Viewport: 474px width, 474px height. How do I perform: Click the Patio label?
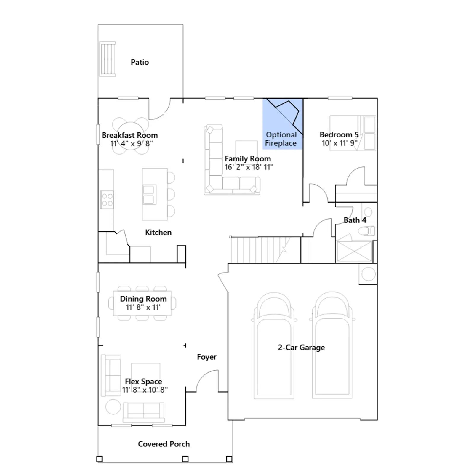[x=140, y=62]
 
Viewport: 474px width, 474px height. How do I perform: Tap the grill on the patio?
[x=107, y=59]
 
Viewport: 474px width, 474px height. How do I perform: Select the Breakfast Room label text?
[x=130, y=135]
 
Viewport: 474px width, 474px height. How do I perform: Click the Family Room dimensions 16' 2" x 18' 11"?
[x=249, y=167]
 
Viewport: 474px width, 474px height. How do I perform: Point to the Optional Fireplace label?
[x=281, y=139]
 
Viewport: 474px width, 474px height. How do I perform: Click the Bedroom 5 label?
[x=339, y=135]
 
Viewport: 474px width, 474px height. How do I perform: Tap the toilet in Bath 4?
[x=366, y=231]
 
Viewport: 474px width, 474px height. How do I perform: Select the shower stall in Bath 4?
[x=354, y=251]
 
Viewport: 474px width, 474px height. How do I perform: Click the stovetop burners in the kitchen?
[x=107, y=200]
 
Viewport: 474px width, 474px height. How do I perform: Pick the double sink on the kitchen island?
[x=149, y=195]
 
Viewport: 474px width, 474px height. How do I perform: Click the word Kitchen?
[x=158, y=233]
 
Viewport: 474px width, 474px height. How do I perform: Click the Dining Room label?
[x=143, y=299]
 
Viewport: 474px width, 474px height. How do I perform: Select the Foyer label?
[x=207, y=357]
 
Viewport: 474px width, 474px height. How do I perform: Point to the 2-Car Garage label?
[x=301, y=348]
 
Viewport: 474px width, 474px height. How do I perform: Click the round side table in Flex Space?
[x=113, y=406]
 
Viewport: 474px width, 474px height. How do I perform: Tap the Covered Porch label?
[x=164, y=444]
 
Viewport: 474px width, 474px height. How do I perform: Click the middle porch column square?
[x=185, y=459]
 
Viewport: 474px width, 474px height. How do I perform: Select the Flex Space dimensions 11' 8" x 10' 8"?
[x=145, y=390]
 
